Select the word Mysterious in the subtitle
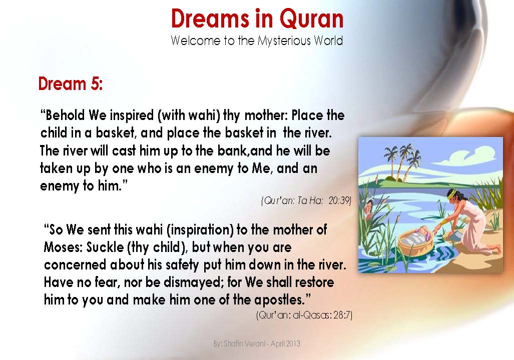pos(284,40)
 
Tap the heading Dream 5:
pos(70,83)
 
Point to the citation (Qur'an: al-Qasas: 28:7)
pos(304,315)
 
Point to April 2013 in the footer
pos(286,344)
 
